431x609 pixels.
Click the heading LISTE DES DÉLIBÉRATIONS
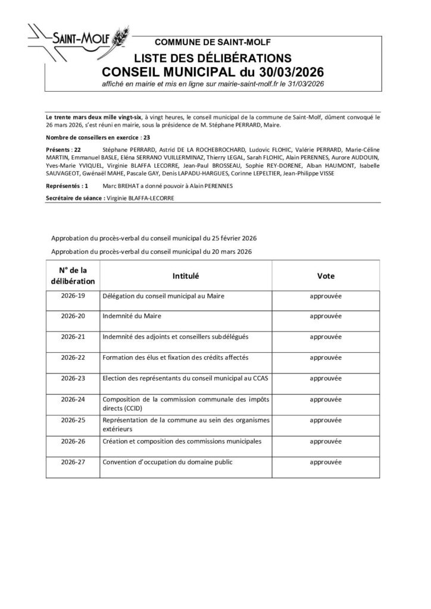pos(213,58)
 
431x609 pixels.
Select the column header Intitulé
pos(185,276)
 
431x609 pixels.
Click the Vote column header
pos(326,276)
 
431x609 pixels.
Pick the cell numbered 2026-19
pos(74,296)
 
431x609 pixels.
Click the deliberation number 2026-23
pos(74,378)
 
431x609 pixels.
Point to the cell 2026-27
pos(74,461)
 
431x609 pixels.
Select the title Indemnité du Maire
pos(132,316)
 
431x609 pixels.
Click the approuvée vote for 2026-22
pos(326,357)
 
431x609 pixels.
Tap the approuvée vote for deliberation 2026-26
pos(326,441)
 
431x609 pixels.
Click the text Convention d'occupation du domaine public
pos(167,462)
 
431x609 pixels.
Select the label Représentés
pos(63,186)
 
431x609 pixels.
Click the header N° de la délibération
pos(74,276)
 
